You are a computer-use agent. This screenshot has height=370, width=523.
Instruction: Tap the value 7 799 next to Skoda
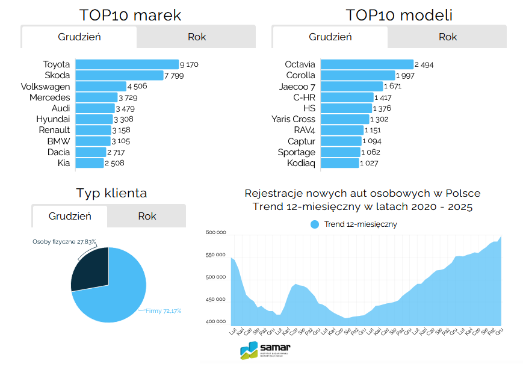[x=174, y=76]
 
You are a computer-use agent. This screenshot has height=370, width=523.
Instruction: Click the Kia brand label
[x=63, y=163]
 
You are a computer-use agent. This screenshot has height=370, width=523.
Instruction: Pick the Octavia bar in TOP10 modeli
[x=367, y=64]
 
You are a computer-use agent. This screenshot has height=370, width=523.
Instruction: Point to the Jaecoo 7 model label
[x=297, y=87]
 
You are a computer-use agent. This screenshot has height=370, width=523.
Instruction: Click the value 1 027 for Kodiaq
[x=370, y=164]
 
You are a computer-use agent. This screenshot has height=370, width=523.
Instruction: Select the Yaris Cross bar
[x=344, y=119]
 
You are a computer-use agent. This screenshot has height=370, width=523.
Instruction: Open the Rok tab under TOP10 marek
[x=196, y=37]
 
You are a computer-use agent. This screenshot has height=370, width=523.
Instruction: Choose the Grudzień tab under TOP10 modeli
[x=330, y=37]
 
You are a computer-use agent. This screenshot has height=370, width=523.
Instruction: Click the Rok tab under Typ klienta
[x=147, y=216]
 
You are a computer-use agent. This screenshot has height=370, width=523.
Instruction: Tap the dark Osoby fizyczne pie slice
[x=90, y=269]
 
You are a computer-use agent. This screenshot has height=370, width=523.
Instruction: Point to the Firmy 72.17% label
[x=163, y=311]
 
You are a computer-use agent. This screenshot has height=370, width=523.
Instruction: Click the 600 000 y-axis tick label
[x=215, y=232]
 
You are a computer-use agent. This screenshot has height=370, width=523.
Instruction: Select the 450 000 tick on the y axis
[x=215, y=299]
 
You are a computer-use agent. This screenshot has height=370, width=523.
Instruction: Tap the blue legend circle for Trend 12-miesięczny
[x=315, y=224]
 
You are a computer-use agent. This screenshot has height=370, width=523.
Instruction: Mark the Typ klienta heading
[x=111, y=193]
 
